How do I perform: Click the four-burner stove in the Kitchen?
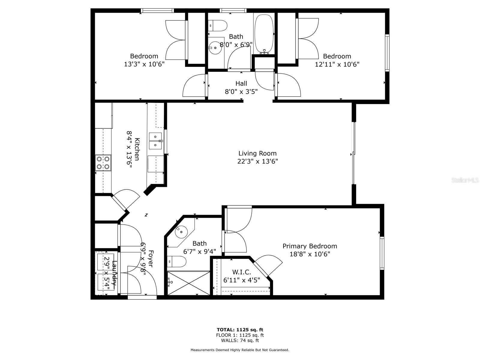tap(103, 163)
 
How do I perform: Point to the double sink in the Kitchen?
tap(155, 141)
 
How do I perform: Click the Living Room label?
tap(257, 153)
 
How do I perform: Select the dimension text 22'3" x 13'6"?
tap(257, 161)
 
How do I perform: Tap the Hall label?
tap(241, 83)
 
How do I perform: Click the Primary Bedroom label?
tap(310, 246)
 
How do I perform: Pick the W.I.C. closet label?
tap(241, 272)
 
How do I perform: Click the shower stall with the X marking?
tap(189, 283)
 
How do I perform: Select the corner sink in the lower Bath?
tap(181, 232)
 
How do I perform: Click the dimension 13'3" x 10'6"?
tap(144, 64)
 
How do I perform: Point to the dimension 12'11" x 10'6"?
tap(337, 64)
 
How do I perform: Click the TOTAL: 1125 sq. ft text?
tap(240, 330)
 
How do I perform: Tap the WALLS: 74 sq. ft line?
tap(240, 340)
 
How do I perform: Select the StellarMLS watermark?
tap(465, 180)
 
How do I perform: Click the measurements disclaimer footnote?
tap(240, 350)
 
